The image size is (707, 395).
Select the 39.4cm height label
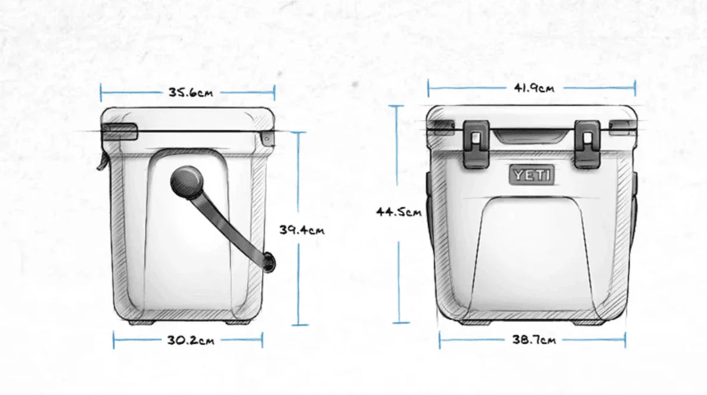coord(302,230)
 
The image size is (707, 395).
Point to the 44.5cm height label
coord(398,212)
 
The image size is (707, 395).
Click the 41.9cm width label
coord(534,88)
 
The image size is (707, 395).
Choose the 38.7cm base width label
coord(534,340)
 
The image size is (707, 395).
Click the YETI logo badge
coord(532,175)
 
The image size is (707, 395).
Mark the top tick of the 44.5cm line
coord(398,106)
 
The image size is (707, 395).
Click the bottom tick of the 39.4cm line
coord(299,325)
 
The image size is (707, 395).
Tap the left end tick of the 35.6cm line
coord(101,92)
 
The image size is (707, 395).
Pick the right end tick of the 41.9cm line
coord(635,88)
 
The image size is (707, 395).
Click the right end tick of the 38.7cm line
coord(625,340)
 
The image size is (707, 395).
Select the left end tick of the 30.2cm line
coord(114,341)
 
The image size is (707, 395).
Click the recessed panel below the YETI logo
coord(532,251)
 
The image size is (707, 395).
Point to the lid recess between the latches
coord(532,136)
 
